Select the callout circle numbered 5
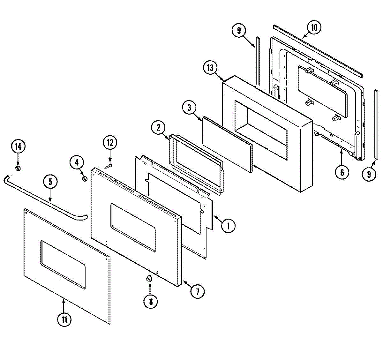(x=50, y=182)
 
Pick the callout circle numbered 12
(x=110, y=143)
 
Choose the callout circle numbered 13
(x=210, y=68)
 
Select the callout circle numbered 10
(x=314, y=28)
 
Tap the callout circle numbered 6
(x=342, y=173)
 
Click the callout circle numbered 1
(x=228, y=226)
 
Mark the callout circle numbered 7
(x=198, y=291)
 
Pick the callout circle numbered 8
(x=151, y=301)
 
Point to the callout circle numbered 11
(x=64, y=319)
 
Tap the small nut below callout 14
(x=18, y=168)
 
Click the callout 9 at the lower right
(x=369, y=174)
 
